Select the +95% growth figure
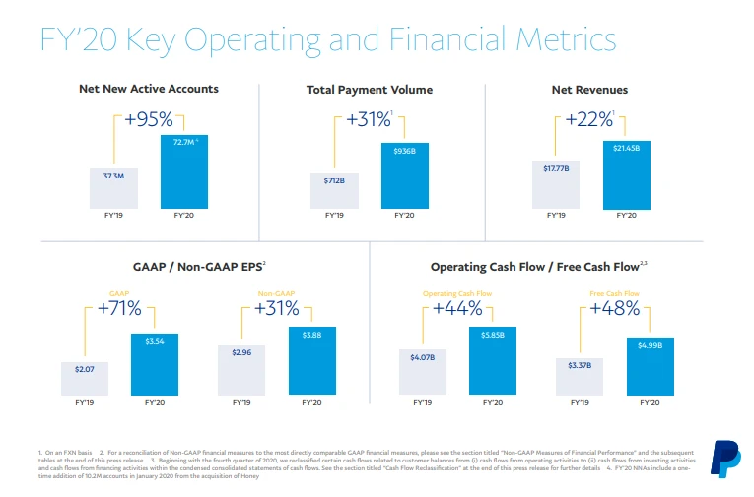tap(149, 120)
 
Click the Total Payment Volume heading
tap(369, 90)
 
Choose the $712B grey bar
tap(334, 189)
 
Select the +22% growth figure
tap(588, 120)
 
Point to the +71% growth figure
tap(119, 308)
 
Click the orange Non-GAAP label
tap(276, 293)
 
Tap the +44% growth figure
tap(457, 308)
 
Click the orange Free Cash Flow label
tap(614, 293)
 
